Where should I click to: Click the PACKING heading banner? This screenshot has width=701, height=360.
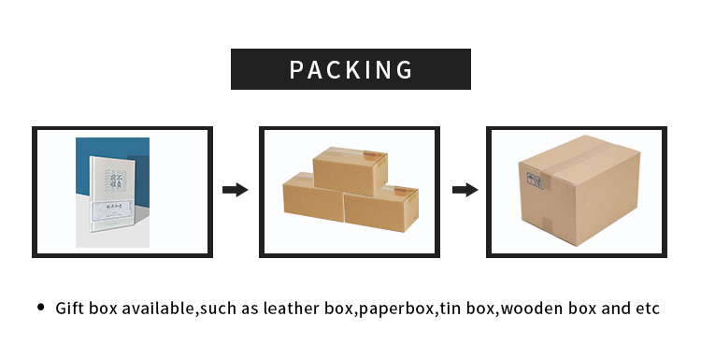click(350, 69)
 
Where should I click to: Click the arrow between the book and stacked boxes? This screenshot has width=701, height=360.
click(235, 190)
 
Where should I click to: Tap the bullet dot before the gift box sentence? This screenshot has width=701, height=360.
click(40, 307)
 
